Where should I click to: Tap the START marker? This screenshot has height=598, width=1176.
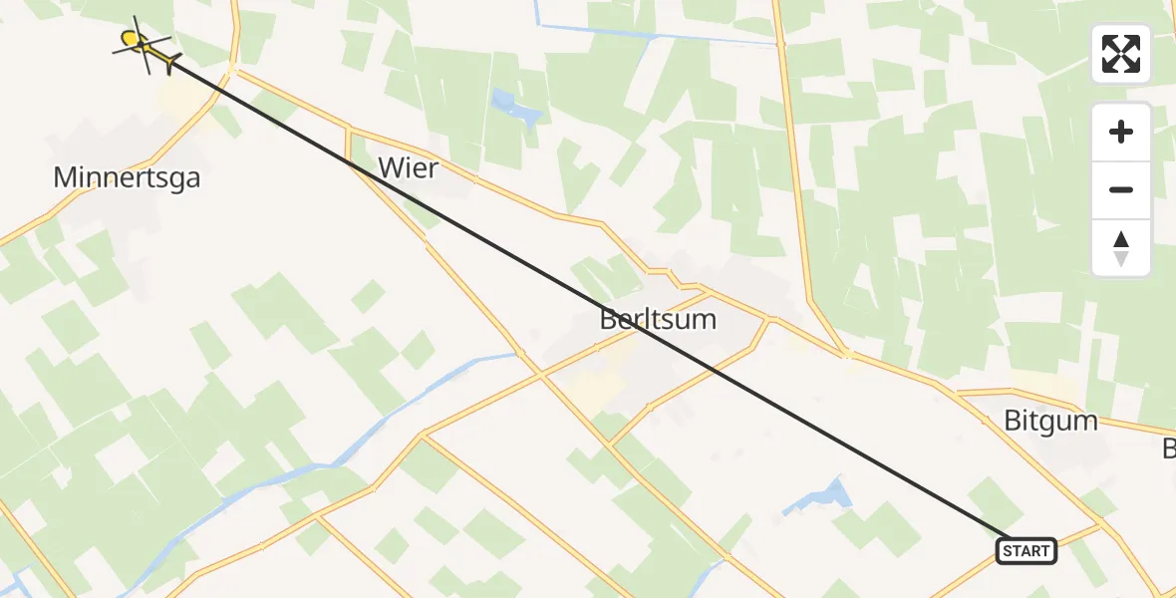1027,550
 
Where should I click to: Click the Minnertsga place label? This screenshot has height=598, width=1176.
127,178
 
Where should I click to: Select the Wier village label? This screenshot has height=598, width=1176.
408,168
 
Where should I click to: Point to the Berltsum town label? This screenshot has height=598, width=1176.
658,320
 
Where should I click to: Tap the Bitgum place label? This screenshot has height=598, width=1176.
1050,420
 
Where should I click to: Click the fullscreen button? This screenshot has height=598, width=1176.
1121,54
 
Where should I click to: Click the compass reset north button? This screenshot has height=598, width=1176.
1121,248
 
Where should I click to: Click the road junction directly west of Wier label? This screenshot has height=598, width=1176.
349,129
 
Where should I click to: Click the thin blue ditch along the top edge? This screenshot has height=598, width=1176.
658,37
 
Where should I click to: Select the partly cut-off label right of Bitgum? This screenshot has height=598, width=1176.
1169,448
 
